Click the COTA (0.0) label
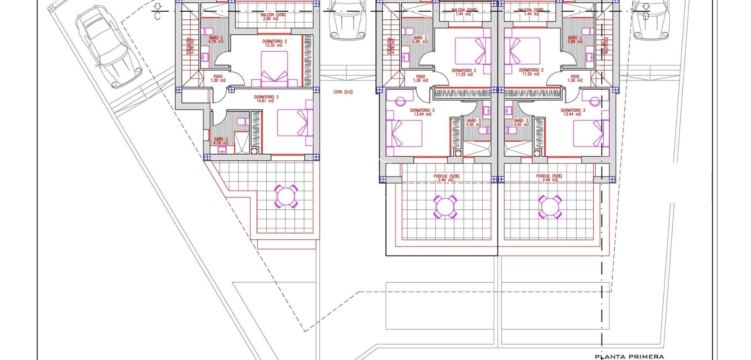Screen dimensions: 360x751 click(343, 92)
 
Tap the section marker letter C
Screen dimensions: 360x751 click(157, 16)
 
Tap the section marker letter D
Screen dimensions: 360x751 click(646, 16)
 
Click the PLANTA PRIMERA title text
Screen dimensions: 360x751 click(629, 356)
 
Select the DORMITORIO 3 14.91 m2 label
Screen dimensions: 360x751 click(266, 99)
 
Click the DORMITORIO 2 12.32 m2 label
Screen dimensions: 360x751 click(274, 43)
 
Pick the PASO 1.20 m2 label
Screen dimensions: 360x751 click(218, 78)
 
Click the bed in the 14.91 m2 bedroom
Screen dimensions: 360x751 click(295, 122)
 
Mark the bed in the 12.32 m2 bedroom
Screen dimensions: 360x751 click(274, 69)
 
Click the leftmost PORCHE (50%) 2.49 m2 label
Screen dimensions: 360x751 click(446, 178)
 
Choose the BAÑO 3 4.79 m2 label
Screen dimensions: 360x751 click(221, 141)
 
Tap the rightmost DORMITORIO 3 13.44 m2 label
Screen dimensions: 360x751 click(573, 112)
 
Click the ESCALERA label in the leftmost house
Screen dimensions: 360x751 click(189, 46)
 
